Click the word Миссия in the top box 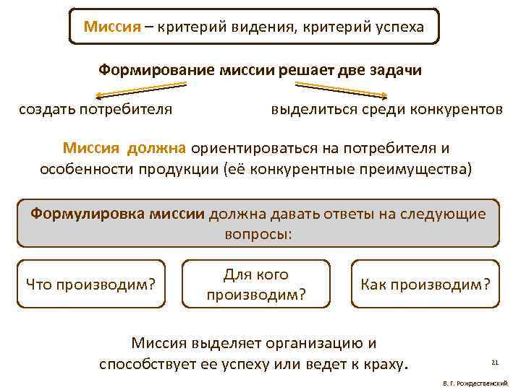pos(110,27)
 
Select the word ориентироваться pos(256,148)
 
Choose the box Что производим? pos(91,285)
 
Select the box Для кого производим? pos(256,285)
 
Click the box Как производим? pos(425,285)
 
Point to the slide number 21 pos(495,362)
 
